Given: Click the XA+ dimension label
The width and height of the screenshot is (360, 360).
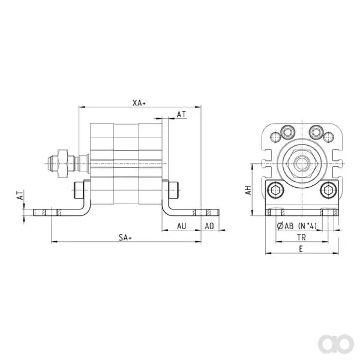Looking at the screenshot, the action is (x=139, y=103).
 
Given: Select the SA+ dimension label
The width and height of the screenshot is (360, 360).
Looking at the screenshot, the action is (x=125, y=238).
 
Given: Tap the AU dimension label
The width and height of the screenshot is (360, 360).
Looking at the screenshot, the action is (x=181, y=226).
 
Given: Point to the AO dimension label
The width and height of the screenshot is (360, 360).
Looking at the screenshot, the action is (x=209, y=226).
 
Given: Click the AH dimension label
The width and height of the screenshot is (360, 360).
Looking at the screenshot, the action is (x=248, y=190).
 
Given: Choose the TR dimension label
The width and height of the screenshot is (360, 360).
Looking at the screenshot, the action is (x=301, y=238).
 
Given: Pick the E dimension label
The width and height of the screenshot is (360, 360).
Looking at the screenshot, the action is (x=301, y=249).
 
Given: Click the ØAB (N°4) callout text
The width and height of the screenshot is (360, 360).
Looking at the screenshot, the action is (x=297, y=226).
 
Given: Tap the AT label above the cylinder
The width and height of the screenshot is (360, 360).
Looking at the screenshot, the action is (x=181, y=114).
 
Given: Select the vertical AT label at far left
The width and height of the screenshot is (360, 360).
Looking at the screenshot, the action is (x=20, y=195).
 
